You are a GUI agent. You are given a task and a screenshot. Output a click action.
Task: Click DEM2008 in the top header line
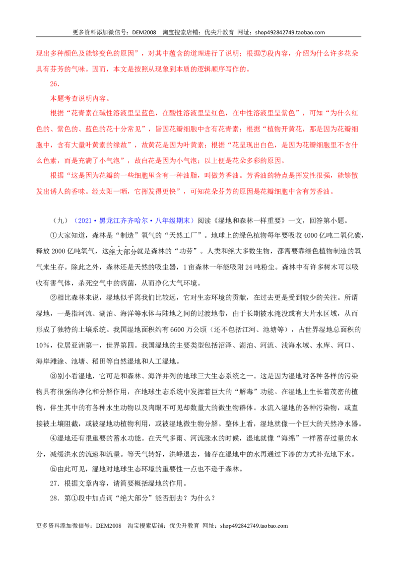pos(144,32)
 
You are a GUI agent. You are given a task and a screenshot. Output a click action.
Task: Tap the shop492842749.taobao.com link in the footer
pos(254,526)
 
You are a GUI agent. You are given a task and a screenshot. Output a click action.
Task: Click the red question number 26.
pos(55,84)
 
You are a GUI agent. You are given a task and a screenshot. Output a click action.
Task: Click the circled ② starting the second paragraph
pos(54,297)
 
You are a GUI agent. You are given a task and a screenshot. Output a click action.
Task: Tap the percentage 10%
pos(43,346)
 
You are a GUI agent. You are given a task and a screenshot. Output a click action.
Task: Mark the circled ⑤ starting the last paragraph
pos(54,469)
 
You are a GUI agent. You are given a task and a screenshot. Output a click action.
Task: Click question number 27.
pos(55,484)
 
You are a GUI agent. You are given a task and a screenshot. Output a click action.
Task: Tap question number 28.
pos(55,498)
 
